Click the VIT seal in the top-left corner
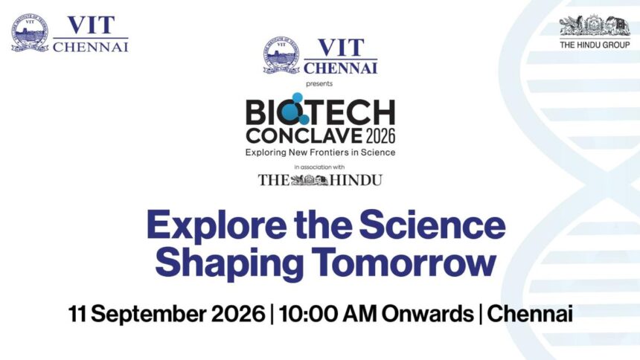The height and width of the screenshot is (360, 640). [30, 33]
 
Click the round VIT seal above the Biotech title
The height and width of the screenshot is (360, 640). [281, 55]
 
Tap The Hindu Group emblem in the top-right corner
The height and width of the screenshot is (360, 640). [595, 26]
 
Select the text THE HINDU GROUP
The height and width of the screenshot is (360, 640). [595, 45]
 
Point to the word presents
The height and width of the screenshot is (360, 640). [319, 83]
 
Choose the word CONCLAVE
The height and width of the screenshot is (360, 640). [304, 136]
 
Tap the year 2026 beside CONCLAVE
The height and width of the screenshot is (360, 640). [380, 136]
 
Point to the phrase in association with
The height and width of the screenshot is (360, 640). [319, 167]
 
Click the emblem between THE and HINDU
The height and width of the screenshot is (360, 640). [310, 180]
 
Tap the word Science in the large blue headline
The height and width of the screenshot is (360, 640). [432, 225]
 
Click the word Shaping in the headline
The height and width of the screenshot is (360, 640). [229, 263]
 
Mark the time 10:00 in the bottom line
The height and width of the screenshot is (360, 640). [308, 314]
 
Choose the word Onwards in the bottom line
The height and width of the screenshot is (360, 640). [427, 314]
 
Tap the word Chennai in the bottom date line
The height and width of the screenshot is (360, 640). [530, 314]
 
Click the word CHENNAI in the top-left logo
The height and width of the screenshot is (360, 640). [91, 48]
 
